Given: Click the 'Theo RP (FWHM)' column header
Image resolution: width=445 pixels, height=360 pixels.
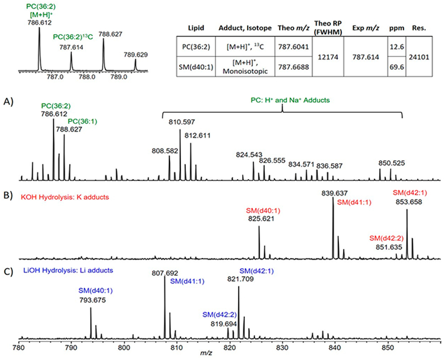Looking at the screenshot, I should pos(323,28).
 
